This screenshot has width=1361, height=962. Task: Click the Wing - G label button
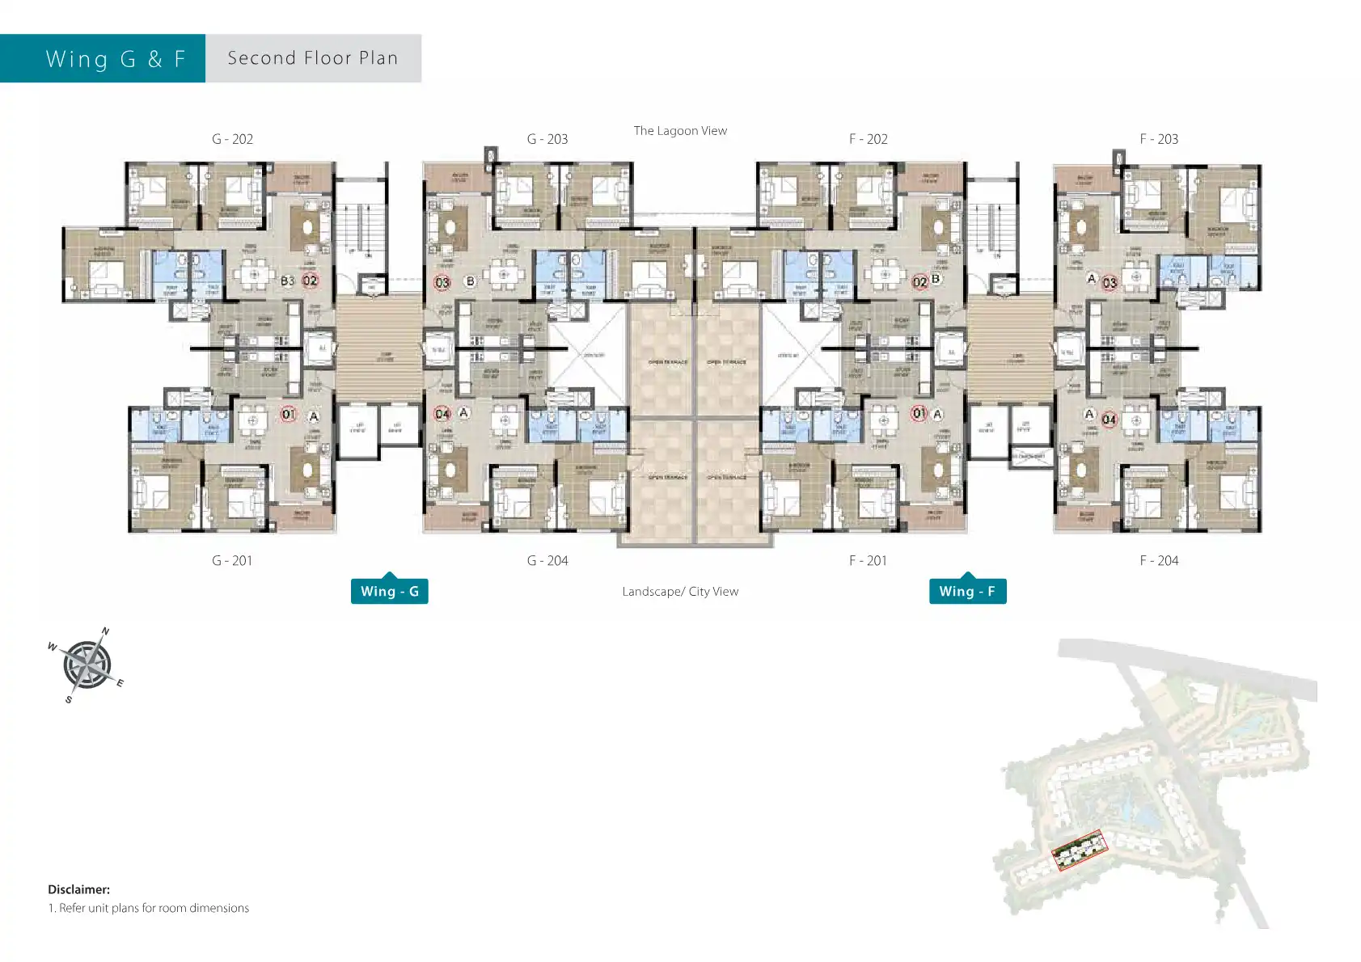389,591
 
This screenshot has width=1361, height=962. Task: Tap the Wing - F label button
967,591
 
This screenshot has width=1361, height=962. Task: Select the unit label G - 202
232,139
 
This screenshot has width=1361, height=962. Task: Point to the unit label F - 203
1158,139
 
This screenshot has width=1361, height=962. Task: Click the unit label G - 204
547,560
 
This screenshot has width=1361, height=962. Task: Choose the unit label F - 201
868,560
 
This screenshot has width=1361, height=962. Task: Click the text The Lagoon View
680,131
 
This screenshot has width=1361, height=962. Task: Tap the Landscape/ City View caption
680,592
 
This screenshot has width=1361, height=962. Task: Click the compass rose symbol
87,665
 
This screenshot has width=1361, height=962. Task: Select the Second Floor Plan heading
313,58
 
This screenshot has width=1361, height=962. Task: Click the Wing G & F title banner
116,59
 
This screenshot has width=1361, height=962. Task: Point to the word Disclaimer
78,889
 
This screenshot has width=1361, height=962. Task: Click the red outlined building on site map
1078,850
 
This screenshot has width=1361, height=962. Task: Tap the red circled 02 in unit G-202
310,281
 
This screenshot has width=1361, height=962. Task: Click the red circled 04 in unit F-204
1109,420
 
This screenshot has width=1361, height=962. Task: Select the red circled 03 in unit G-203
442,283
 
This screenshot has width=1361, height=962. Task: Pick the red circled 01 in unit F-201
919,413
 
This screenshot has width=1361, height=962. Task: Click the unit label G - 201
232,560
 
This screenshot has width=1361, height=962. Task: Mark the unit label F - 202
868,139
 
